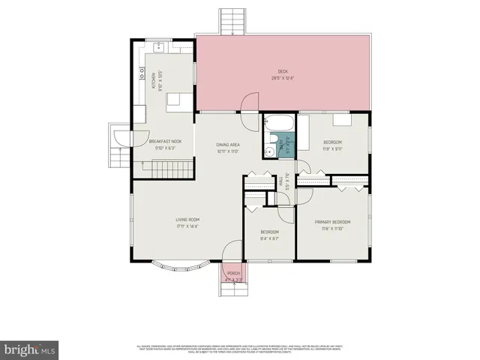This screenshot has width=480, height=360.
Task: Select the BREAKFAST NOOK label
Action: click(x=166, y=141)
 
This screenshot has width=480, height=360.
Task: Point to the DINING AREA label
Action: click(x=228, y=144)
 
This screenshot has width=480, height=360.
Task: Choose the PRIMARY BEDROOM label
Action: click(x=332, y=221)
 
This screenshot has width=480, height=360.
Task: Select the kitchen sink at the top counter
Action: click(x=159, y=46)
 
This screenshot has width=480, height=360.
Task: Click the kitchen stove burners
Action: click(x=141, y=73)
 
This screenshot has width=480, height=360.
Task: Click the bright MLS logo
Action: click(x=30, y=349)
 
